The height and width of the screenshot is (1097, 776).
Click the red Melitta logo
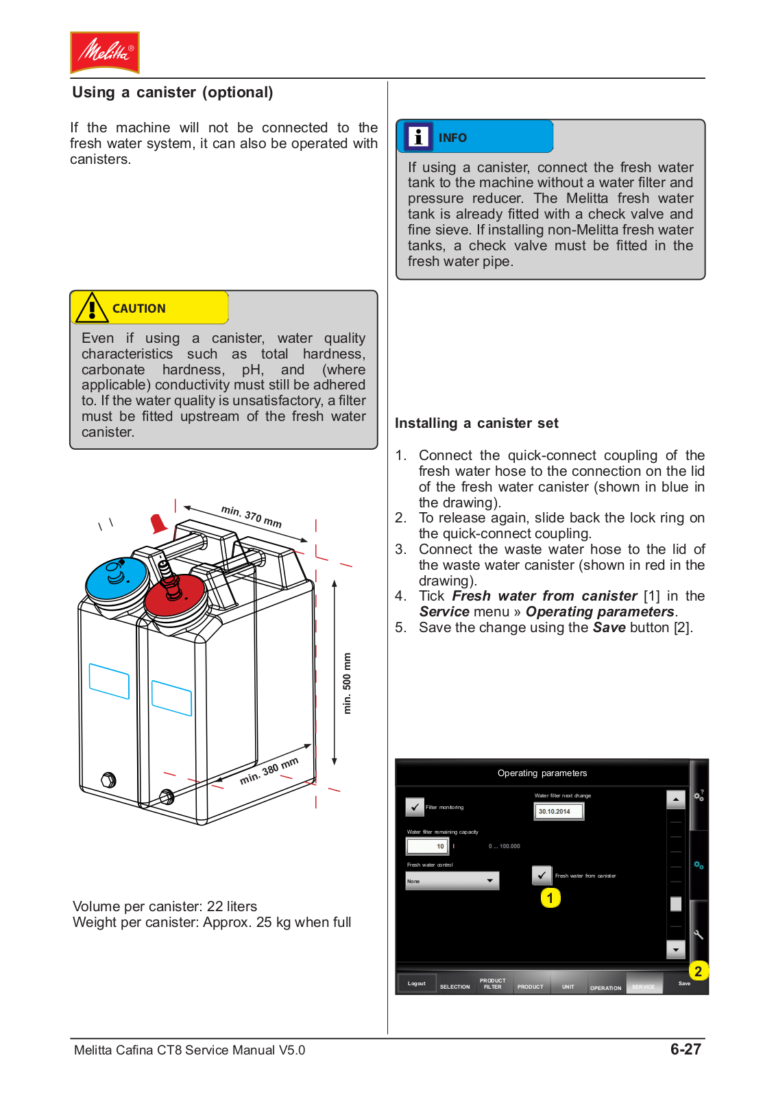105,52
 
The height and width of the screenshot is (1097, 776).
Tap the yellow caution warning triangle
91,308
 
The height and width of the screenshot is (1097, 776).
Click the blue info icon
417,136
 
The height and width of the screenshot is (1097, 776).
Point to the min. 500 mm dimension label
347,683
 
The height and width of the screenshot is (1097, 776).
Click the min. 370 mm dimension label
252,516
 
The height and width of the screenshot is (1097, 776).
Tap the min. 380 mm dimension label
269,771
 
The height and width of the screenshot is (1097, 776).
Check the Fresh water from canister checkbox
542,875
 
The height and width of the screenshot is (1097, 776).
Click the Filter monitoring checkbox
415,807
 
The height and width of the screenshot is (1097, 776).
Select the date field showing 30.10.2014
559,811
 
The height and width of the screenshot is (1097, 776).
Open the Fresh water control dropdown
452,880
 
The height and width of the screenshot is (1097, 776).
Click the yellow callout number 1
550,897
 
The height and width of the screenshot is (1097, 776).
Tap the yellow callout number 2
698,971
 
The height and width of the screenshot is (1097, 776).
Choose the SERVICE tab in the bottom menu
644,985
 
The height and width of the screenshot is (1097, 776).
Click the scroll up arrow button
675,799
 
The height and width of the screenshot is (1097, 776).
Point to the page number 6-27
686,1049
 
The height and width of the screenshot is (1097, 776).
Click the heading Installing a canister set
476,423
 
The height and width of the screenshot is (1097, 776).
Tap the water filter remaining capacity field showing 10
428,846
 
